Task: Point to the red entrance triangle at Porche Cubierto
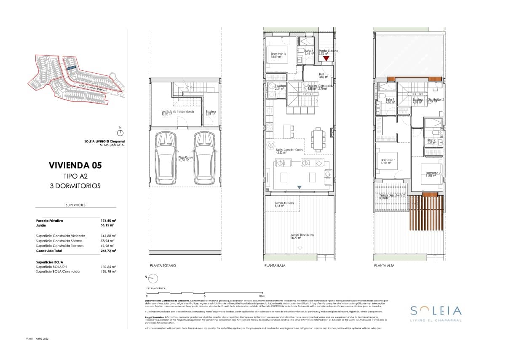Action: [326, 59]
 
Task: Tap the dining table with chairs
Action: [318, 139]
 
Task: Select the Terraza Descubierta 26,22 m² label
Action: [302, 237]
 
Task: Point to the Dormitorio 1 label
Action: [388, 161]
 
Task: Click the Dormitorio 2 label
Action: [433, 174]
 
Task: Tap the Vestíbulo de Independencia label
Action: [171, 112]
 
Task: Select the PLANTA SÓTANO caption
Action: [163, 266]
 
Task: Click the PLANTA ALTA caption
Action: [384, 266]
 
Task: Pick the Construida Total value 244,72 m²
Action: [108, 251]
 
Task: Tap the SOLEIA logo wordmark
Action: [436, 311]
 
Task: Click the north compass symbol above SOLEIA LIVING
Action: [120, 132]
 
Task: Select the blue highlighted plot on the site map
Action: [71, 67]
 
